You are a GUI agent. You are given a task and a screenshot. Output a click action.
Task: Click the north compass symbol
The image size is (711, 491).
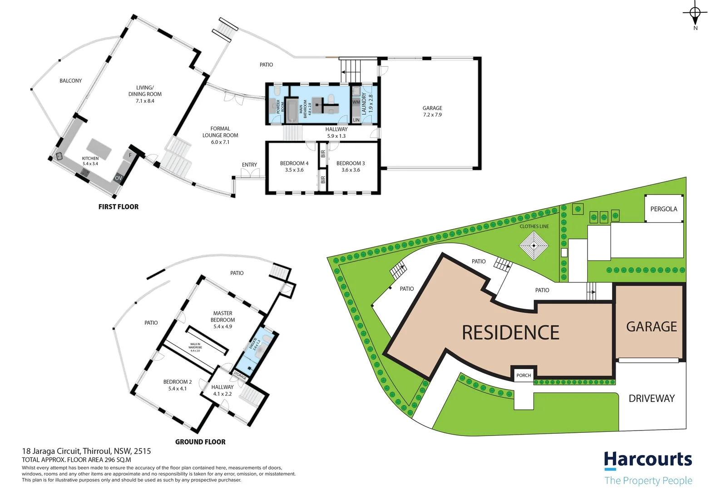[x=695, y=14]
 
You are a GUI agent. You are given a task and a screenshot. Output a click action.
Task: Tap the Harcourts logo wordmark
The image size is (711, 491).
[x=648, y=460]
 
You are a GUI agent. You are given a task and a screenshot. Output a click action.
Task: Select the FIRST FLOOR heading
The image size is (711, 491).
[x=118, y=207]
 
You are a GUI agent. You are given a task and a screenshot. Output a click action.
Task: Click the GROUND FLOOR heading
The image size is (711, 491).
[x=200, y=442]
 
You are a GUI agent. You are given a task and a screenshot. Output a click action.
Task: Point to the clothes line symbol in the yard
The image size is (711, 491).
[x=534, y=245]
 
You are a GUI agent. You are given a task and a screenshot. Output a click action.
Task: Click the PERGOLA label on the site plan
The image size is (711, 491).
[x=663, y=209]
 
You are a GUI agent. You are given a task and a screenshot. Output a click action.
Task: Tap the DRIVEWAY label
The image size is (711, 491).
[x=652, y=399]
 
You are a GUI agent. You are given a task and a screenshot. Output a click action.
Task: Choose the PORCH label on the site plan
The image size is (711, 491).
[x=523, y=376]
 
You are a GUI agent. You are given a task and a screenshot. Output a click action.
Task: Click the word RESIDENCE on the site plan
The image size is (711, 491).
[x=510, y=333]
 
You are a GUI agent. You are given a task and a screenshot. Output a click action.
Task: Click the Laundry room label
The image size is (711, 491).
[x=364, y=104]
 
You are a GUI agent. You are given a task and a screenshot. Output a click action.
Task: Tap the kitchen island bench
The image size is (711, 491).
[x=99, y=149]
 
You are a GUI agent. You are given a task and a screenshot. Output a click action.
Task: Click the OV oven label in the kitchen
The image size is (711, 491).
[x=118, y=178]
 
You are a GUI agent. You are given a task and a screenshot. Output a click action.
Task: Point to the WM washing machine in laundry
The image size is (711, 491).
[x=356, y=102]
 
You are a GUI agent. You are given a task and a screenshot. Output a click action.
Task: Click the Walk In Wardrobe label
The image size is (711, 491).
[x=195, y=347]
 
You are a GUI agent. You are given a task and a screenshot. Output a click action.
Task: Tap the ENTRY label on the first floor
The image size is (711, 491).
[x=249, y=165]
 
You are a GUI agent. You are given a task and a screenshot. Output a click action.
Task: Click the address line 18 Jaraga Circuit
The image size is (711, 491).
[x=86, y=451]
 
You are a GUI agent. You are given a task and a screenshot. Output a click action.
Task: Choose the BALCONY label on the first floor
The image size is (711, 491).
[x=71, y=81]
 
